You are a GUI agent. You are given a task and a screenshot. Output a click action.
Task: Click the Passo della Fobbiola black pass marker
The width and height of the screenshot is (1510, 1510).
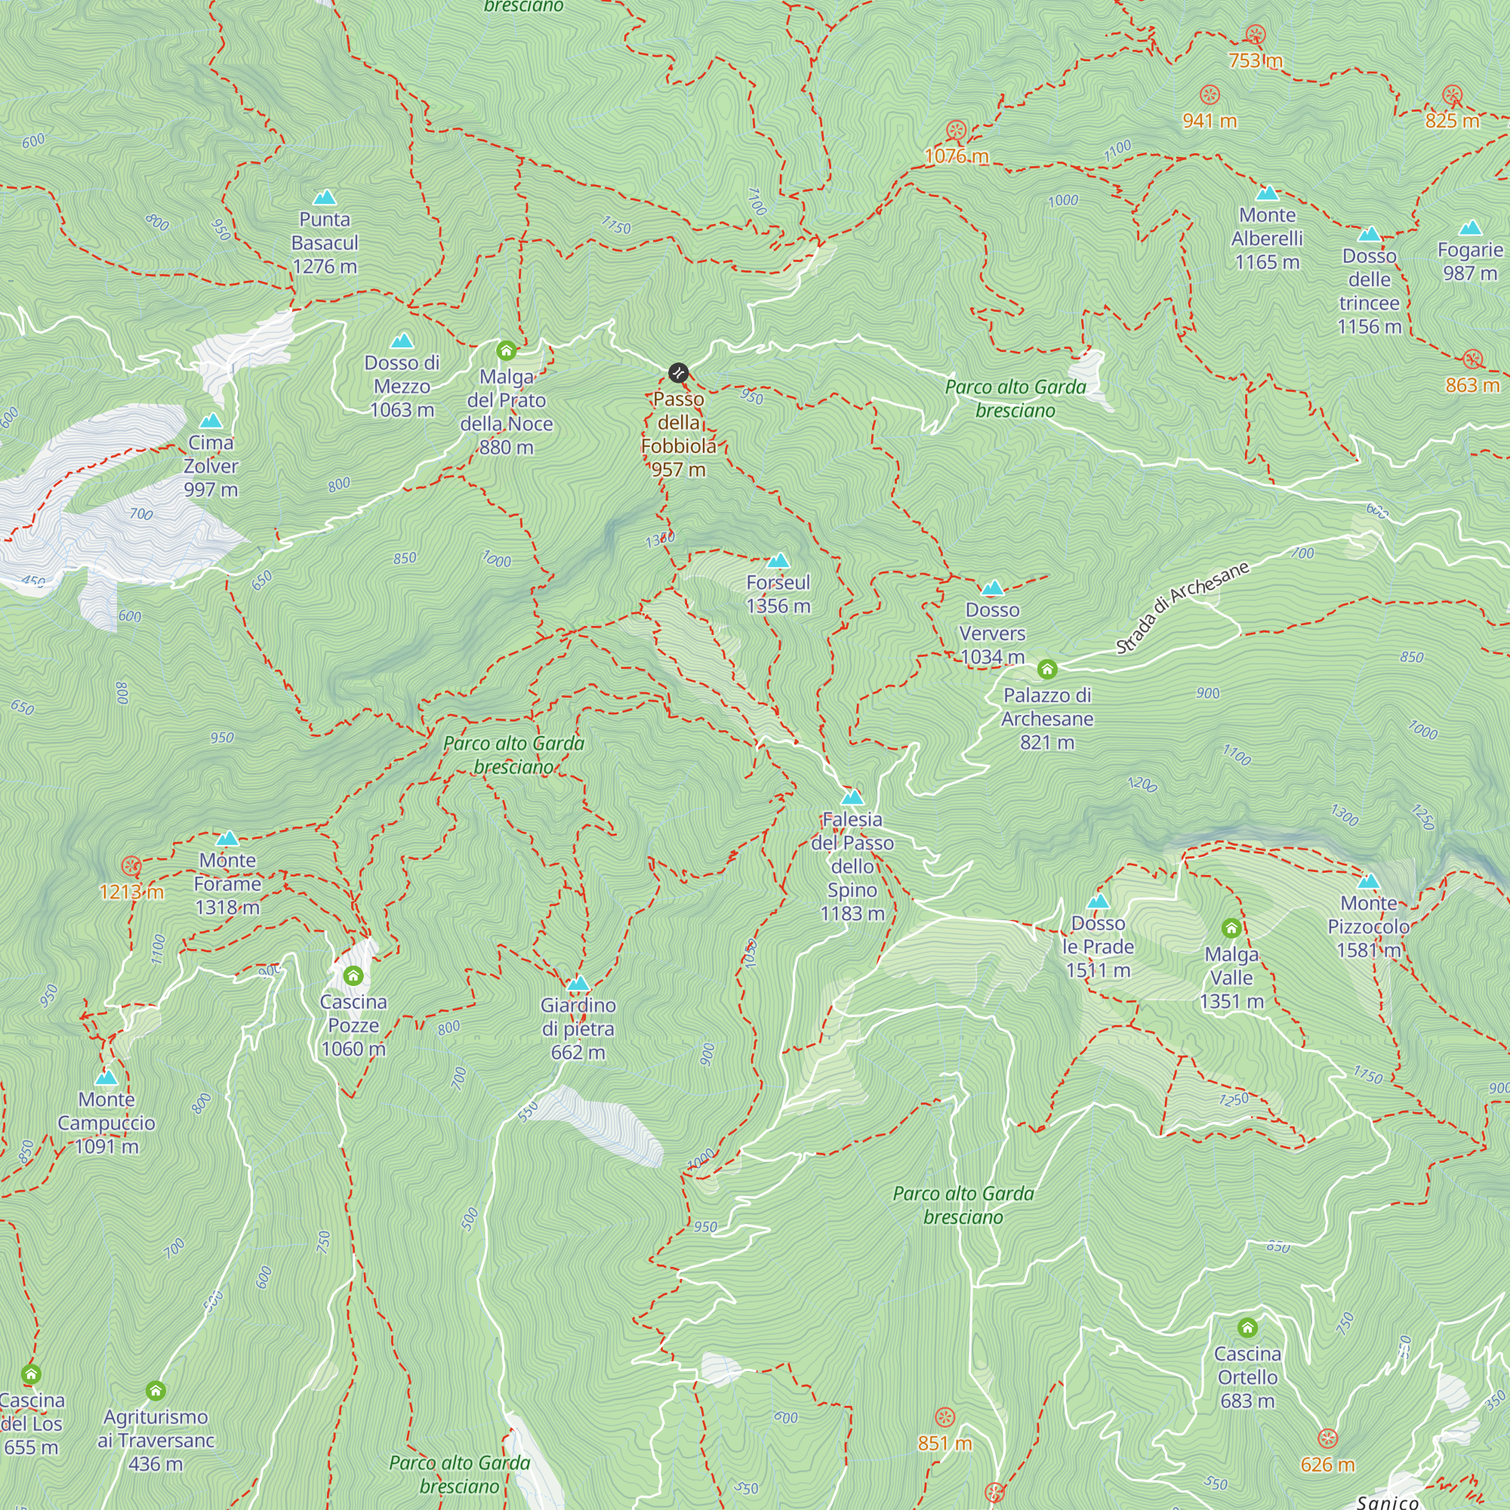click(x=679, y=372)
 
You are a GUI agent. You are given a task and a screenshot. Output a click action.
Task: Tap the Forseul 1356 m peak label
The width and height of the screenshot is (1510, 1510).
click(x=778, y=594)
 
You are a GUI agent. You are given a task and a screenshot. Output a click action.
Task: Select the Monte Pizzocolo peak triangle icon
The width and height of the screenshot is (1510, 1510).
click(x=1368, y=882)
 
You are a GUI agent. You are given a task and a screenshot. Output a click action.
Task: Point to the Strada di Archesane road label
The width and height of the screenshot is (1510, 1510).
click(x=1181, y=607)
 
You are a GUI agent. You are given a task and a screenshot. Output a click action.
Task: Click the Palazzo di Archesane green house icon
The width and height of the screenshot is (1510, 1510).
click(x=1047, y=669)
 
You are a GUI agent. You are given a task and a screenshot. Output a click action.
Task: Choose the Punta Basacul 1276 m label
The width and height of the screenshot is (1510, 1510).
click(x=325, y=242)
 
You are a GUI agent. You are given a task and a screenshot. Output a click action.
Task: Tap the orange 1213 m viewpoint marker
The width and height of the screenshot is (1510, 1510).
click(x=131, y=866)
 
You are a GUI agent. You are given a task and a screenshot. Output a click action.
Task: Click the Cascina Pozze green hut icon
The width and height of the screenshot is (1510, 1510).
click(x=353, y=975)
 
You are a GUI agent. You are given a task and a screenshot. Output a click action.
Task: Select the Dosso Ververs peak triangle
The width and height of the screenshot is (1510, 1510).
click(x=992, y=587)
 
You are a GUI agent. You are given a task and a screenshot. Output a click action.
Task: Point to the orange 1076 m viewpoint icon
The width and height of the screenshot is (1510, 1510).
click(x=956, y=130)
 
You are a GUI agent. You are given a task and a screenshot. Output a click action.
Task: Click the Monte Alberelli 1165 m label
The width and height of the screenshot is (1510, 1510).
click(x=1266, y=239)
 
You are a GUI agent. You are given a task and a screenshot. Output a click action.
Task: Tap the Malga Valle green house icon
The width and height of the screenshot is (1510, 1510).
click(x=1231, y=929)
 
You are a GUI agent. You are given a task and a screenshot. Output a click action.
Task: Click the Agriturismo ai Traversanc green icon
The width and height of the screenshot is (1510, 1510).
click(x=156, y=1391)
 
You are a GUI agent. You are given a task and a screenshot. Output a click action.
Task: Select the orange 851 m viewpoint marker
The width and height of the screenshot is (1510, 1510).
click(x=945, y=1417)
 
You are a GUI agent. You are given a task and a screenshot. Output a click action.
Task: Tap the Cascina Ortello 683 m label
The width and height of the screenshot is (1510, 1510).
click(x=1247, y=1376)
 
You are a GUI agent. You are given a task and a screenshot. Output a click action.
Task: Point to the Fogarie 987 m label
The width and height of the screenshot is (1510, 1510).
click(x=1469, y=261)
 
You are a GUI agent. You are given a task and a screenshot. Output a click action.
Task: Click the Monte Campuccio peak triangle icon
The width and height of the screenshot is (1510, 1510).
click(x=106, y=1078)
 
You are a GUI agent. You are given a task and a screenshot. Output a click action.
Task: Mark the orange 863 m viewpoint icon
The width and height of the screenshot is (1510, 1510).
click(x=1472, y=359)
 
